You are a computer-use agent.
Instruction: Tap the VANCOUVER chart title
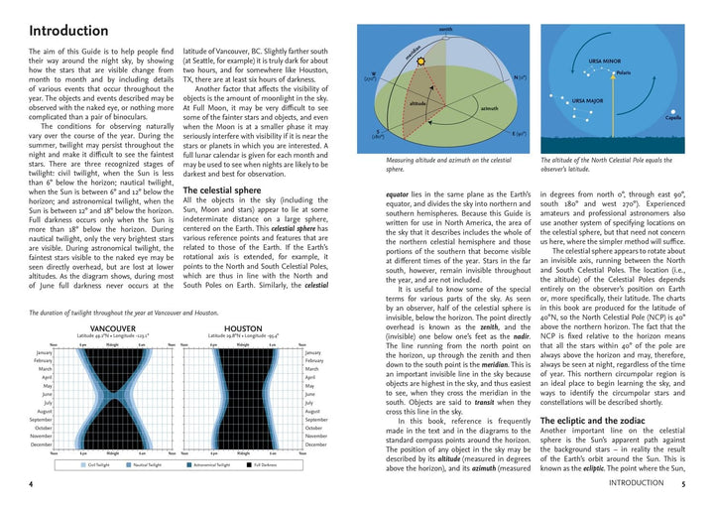click(x=112, y=328)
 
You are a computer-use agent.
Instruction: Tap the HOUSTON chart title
click(x=243, y=328)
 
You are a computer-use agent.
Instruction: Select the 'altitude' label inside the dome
click(x=418, y=102)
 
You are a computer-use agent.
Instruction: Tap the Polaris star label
click(x=623, y=72)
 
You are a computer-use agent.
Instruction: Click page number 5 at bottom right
click(x=682, y=484)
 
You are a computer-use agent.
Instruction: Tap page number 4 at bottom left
click(x=31, y=484)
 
